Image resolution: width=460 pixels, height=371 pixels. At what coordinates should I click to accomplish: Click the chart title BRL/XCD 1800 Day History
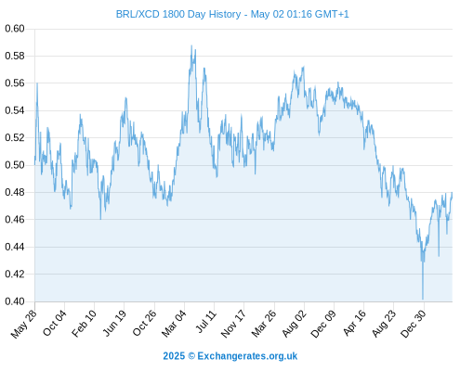(x=178, y=14)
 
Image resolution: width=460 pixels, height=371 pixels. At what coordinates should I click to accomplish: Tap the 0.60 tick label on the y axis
(x=15, y=29)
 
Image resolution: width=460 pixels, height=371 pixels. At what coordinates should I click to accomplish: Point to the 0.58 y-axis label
(x=15, y=56)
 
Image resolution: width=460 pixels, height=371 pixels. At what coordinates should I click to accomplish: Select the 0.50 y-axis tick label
(x=15, y=165)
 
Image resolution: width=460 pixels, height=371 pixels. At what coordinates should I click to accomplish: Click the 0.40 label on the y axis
(x=15, y=301)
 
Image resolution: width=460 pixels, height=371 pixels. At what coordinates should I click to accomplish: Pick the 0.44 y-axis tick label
(x=15, y=247)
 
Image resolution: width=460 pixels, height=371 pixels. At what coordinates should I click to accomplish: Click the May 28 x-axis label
(x=24, y=324)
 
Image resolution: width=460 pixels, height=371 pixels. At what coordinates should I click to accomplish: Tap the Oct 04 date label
(x=55, y=323)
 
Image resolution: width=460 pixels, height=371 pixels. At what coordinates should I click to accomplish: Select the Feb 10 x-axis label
(x=84, y=324)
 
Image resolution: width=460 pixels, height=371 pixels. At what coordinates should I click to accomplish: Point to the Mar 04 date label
(x=174, y=324)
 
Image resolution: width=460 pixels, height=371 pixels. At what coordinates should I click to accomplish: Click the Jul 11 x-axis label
(x=206, y=321)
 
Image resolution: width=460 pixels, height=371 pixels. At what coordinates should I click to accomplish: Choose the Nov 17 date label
(x=233, y=324)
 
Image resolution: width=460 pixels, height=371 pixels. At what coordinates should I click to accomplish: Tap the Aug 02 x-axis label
(x=294, y=324)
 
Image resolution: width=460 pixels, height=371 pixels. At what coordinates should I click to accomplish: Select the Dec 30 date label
(x=414, y=324)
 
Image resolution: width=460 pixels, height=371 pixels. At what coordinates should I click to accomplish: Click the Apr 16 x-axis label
(x=354, y=323)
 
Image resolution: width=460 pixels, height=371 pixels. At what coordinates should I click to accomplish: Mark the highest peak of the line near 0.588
(x=191, y=45)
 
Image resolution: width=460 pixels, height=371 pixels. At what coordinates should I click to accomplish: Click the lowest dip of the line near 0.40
(x=423, y=299)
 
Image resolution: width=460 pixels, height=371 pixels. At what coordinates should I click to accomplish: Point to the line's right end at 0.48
(x=452, y=192)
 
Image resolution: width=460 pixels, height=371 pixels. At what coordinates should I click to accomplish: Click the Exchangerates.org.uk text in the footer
(x=247, y=356)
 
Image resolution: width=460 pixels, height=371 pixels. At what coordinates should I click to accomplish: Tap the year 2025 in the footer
(x=174, y=356)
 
